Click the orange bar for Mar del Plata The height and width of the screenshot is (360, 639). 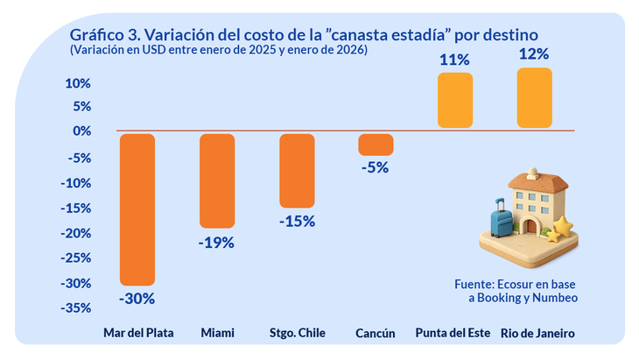click(x=137, y=209)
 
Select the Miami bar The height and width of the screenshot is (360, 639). click(x=217, y=180)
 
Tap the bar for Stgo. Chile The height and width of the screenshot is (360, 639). click(x=297, y=170)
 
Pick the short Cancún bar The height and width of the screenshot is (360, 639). click(x=376, y=145)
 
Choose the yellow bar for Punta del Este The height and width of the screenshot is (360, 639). click(x=455, y=101)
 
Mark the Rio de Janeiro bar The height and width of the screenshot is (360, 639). click(x=535, y=98)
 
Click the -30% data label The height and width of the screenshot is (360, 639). click(x=137, y=299)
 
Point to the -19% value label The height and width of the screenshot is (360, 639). click(x=217, y=243)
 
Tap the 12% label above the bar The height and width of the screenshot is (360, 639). click(x=535, y=54)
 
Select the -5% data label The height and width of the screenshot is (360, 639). click(x=376, y=168)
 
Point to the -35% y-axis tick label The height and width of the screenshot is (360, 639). click(x=75, y=308)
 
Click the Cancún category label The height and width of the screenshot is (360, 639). click(x=376, y=335)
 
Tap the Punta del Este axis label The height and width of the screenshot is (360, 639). click(x=454, y=335)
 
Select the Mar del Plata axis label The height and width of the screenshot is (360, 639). click(x=137, y=335)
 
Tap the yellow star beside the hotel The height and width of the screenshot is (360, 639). click(x=561, y=229)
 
